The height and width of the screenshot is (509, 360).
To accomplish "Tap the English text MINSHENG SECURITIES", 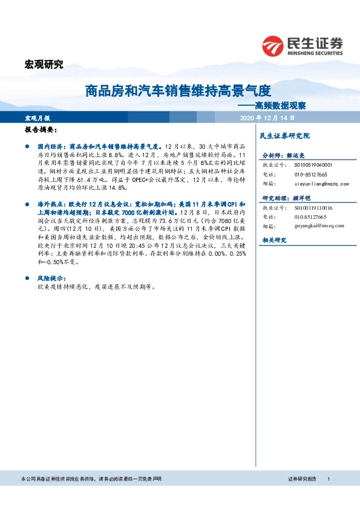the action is pos(316,52).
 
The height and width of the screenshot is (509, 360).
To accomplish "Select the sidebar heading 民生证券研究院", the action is pos(284,136).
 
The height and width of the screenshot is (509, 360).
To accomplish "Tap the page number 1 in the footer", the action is pos(329,479).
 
